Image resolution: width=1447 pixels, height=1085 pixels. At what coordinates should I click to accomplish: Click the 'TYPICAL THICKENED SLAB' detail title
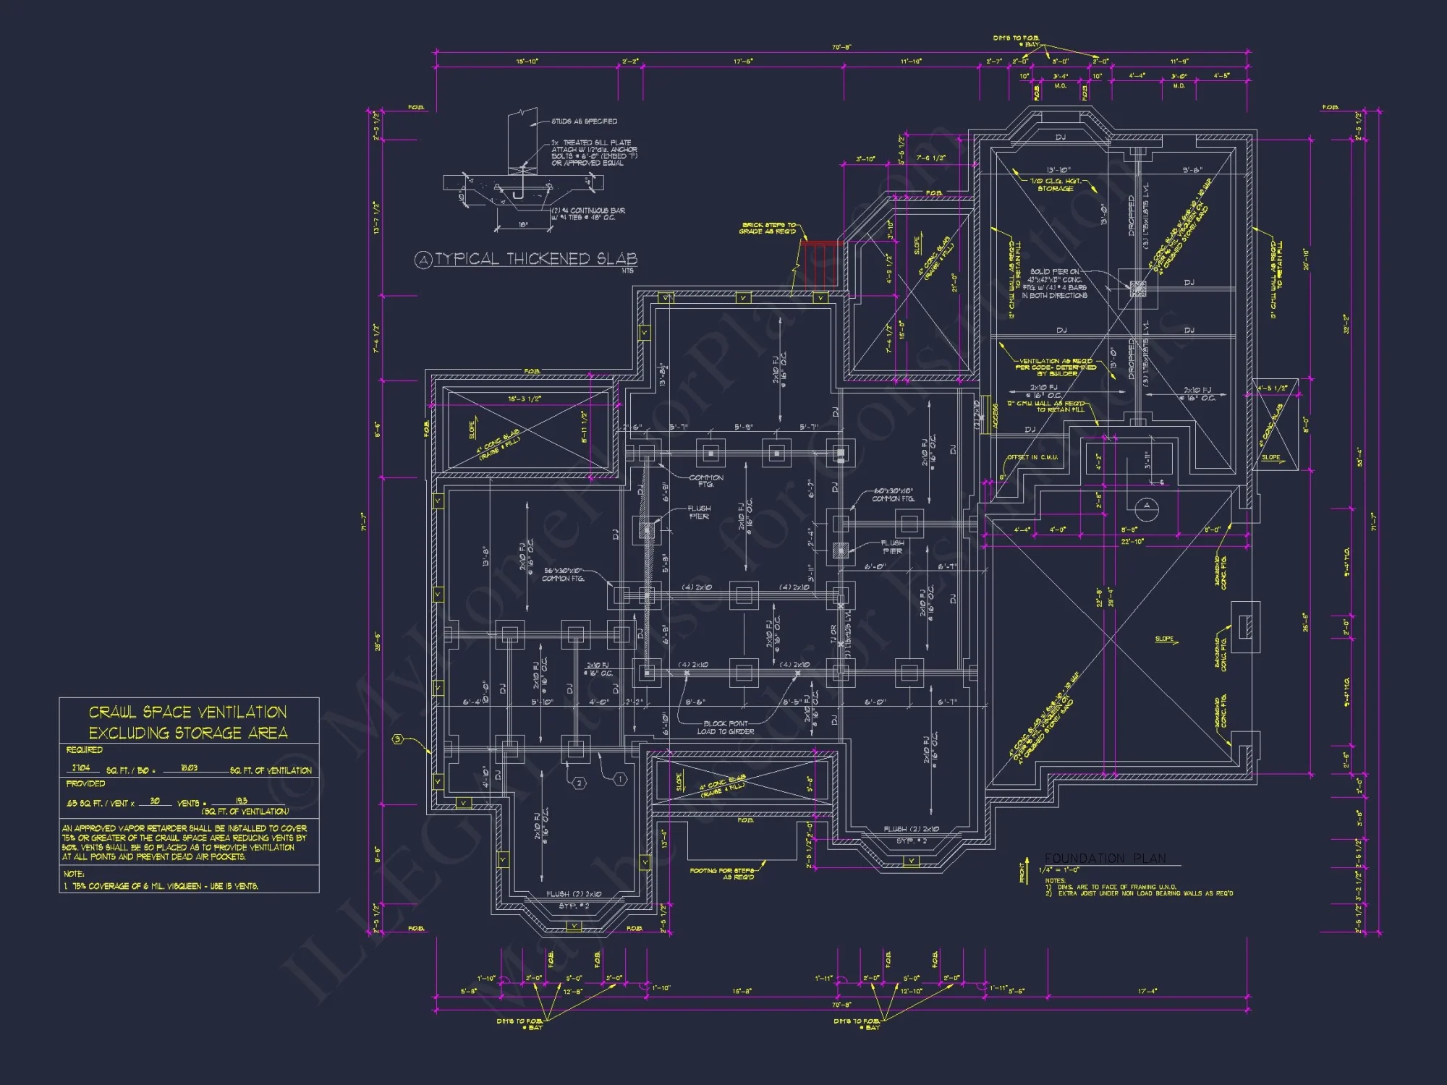coord(535,259)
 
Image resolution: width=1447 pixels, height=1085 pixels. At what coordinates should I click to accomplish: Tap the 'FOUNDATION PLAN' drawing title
coord(1105,859)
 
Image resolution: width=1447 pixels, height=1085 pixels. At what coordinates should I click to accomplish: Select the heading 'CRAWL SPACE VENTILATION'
coord(188,712)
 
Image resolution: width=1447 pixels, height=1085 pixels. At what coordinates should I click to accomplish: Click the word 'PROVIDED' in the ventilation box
coord(85,783)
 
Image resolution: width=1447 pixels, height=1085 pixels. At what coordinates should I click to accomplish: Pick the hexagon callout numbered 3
coord(397,739)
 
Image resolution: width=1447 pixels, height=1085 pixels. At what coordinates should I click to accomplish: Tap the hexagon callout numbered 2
coord(579,783)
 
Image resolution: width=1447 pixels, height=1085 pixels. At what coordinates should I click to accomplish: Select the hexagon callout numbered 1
coord(620,779)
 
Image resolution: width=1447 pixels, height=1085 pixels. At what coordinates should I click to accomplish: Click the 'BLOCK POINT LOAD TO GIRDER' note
coord(726,728)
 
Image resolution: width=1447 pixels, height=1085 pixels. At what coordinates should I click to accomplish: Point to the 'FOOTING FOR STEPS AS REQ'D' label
coord(722,874)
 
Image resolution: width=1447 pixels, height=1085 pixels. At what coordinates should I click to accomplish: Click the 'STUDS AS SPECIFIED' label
coord(584,122)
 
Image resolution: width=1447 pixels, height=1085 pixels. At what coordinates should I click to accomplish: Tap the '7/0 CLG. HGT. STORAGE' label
coord(1056,184)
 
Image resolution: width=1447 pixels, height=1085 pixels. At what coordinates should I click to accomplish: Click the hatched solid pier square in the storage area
coord(1137,289)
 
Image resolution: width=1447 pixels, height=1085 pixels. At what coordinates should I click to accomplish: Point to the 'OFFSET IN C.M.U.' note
coord(1032,457)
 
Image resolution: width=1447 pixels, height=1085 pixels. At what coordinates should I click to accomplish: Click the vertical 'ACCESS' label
coord(995,416)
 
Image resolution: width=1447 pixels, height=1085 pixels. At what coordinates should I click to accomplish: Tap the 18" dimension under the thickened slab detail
coord(523,225)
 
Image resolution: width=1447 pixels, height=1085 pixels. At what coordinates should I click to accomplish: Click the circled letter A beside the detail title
coord(423,260)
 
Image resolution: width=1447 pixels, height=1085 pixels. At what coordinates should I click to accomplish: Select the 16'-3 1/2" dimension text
coord(525,399)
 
